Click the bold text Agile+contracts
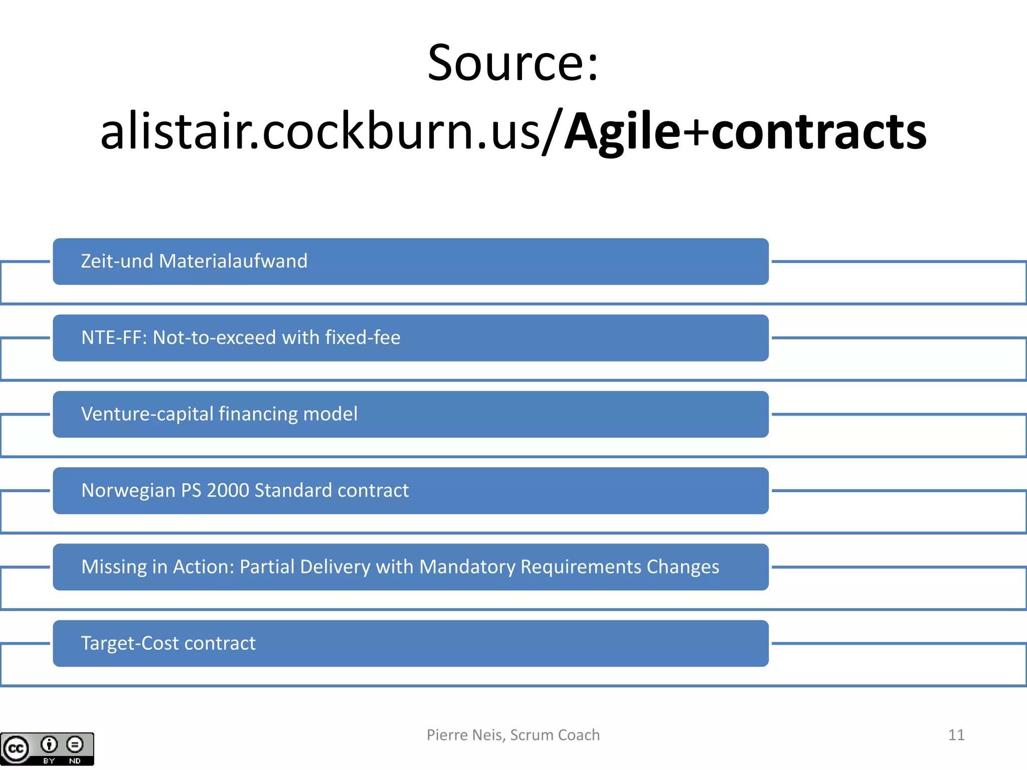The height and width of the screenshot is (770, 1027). point(745,131)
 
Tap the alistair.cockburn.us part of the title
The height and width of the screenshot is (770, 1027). point(321,131)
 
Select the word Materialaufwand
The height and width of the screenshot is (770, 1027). point(233,261)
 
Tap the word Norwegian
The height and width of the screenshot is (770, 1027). point(128,491)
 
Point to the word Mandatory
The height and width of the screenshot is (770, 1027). point(467,567)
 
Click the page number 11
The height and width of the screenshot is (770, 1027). point(956,735)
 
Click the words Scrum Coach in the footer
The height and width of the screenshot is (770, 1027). point(555,735)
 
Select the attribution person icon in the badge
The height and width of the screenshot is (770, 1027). point(49,744)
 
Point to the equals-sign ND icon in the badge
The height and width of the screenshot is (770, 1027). point(75,744)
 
